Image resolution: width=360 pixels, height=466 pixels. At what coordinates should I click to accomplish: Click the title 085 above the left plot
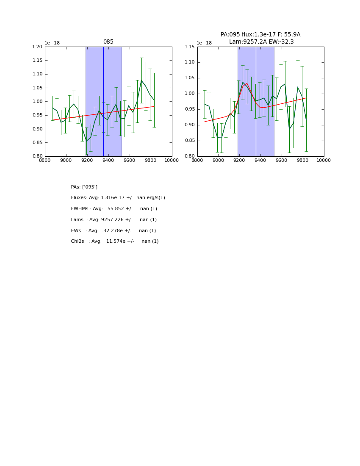pyautogui.click(x=108, y=42)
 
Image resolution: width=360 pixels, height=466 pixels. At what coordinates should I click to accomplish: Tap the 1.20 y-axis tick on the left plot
pyautogui.click(x=38, y=47)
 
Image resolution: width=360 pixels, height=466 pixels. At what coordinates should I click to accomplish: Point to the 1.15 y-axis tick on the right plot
pyautogui.click(x=190, y=47)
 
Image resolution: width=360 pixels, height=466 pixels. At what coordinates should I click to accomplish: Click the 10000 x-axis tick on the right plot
pyautogui.click(x=324, y=160)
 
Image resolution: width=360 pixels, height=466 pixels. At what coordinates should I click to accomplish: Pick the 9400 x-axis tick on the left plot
pyautogui.click(x=108, y=160)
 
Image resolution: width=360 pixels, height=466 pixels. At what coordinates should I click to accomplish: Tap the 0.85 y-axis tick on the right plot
pyautogui.click(x=190, y=141)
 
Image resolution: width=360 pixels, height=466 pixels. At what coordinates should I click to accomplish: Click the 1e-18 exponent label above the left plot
pyautogui.click(x=53, y=43)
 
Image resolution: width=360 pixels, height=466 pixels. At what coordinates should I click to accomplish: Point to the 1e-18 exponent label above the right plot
pyautogui.click(x=204, y=43)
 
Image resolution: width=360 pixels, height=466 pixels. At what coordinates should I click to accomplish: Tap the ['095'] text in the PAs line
pyautogui.click(x=90, y=187)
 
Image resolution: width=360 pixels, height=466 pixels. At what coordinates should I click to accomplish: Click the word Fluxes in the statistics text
pyautogui.click(x=79, y=198)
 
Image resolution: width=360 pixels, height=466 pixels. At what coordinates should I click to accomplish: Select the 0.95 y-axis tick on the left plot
pyautogui.click(x=38, y=115)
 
